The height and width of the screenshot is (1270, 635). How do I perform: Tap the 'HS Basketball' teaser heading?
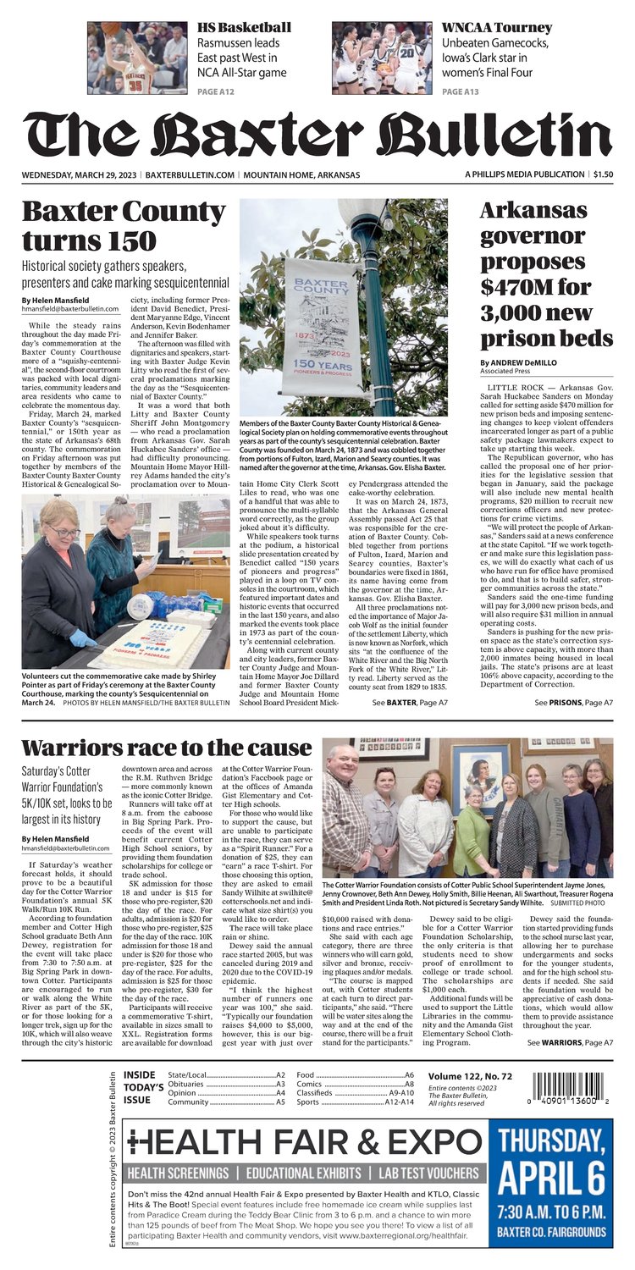[x=243, y=27]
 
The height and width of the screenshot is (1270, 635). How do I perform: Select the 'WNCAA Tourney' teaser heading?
[x=496, y=27]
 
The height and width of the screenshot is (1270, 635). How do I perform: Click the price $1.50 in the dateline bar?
[x=603, y=174]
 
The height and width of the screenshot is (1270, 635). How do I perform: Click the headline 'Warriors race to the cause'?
[x=166, y=748]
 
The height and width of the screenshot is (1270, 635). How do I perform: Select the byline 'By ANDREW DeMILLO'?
[x=519, y=363]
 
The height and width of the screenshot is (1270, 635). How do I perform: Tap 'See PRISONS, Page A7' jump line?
[x=574, y=703]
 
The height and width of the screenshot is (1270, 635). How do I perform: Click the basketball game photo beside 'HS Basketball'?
[x=137, y=58]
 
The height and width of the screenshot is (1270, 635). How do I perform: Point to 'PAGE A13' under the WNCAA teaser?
[x=461, y=91]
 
